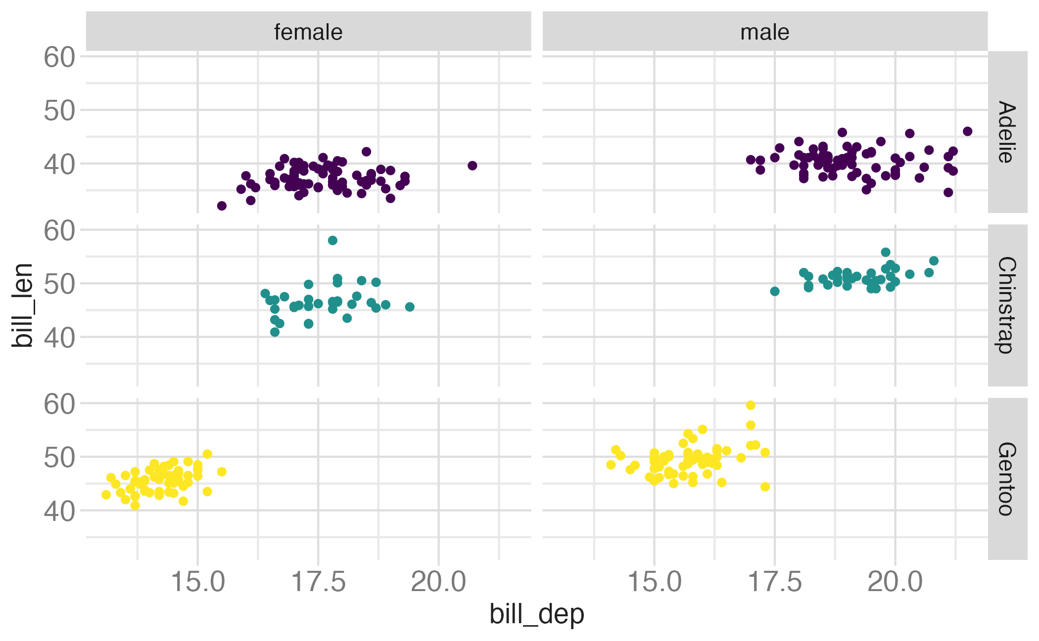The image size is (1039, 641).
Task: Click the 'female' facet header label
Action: (308, 32)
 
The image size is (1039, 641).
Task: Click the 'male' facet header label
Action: (764, 32)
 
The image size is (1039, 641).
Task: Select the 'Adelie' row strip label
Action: (1007, 132)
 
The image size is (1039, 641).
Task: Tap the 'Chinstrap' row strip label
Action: (1007, 305)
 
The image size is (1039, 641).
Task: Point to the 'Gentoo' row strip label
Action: (1007, 478)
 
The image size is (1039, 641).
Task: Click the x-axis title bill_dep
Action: (537, 614)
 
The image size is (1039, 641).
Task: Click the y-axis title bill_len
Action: (23, 305)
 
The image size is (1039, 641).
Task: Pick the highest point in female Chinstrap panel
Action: (332, 240)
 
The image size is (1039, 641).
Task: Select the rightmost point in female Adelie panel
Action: (472, 166)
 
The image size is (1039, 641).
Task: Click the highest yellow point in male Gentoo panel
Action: (751, 405)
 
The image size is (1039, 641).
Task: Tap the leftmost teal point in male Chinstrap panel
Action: (775, 291)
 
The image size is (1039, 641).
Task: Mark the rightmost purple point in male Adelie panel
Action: (968, 131)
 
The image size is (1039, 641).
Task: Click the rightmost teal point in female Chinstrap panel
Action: (410, 307)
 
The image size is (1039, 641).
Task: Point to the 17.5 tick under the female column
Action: (318, 582)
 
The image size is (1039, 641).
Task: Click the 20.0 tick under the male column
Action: (895, 582)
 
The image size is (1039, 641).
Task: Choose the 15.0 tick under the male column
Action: (654, 582)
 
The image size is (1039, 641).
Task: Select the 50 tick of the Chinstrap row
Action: (59, 284)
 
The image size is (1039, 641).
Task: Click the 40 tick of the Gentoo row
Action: (59, 511)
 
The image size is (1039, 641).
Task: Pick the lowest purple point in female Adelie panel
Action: (222, 206)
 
